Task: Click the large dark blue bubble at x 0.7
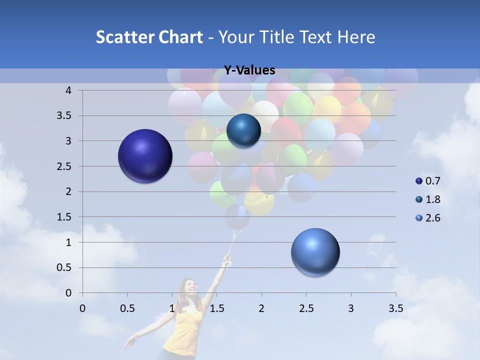click(145, 156)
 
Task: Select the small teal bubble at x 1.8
click(243, 131)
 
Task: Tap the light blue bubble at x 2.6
click(315, 252)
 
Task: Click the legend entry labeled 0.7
click(428, 181)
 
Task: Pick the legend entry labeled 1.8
click(428, 199)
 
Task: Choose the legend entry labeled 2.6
click(428, 218)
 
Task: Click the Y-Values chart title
click(249, 70)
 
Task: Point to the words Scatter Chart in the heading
click(149, 37)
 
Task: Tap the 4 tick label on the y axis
click(68, 90)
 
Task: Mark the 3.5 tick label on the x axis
click(395, 308)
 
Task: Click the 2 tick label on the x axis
click(261, 308)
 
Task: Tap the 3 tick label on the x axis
click(351, 308)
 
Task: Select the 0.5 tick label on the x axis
click(127, 308)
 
